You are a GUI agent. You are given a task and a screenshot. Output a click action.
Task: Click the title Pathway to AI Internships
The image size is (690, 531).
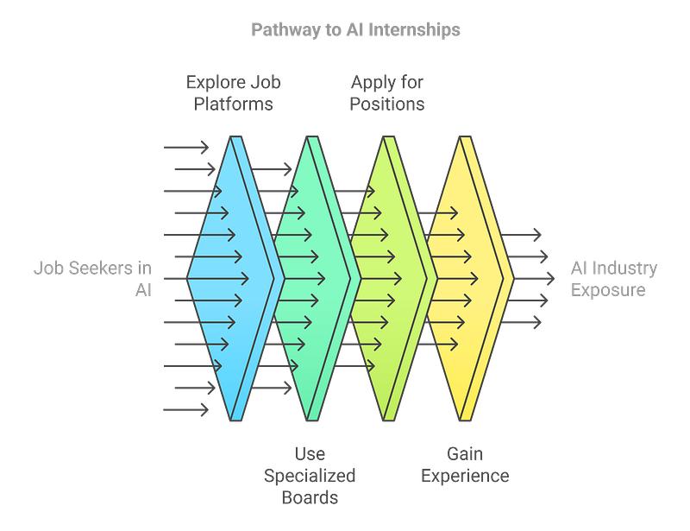(x=355, y=30)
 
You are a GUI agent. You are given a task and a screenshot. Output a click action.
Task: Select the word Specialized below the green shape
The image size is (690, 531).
(x=310, y=476)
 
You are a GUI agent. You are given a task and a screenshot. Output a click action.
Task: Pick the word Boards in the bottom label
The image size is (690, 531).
(x=310, y=497)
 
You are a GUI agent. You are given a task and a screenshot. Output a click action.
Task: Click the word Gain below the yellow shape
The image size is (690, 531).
(x=465, y=453)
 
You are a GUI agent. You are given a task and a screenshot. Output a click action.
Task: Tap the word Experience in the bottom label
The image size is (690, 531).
(x=465, y=476)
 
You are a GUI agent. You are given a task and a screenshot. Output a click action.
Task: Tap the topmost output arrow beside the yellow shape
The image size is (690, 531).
(x=524, y=235)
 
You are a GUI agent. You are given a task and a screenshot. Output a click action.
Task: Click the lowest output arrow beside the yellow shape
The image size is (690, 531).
(x=524, y=322)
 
